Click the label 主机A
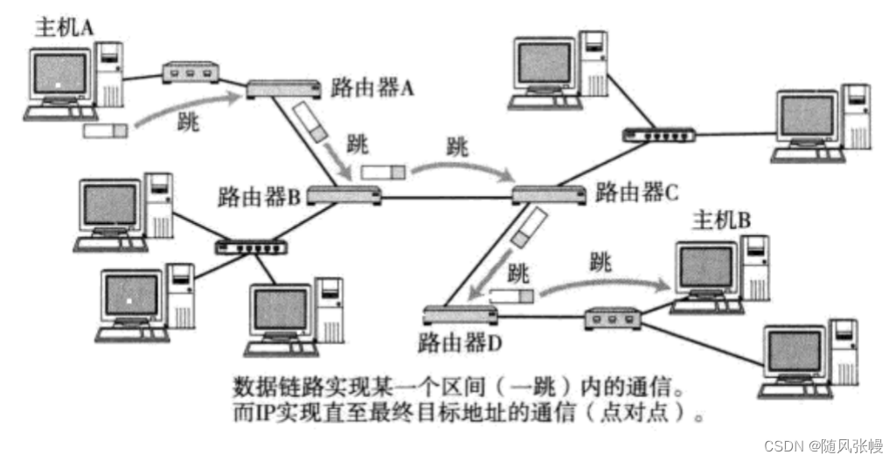point(63,27)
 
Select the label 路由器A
point(372,87)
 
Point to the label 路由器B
point(259,196)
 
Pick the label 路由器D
point(460,341)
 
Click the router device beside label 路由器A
point(279,88)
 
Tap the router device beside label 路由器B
point(344,196)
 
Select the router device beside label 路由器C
point(549,195)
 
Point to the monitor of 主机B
point(706,269)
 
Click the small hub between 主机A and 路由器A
point(189,72)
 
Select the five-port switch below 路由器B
point(252,247)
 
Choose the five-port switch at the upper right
point(658,135)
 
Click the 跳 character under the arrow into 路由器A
point(186,122)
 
